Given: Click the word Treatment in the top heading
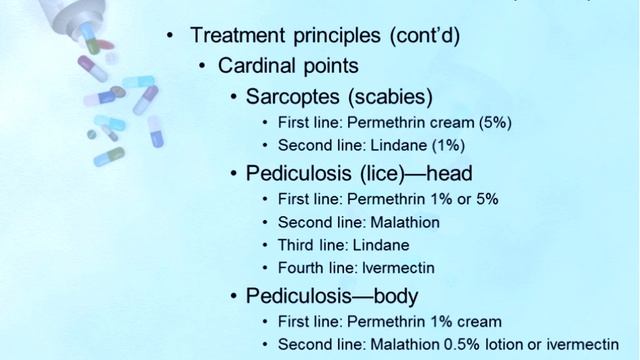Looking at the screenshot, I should (x=237, y=35).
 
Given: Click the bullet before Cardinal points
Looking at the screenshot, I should (x=203, y=66).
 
